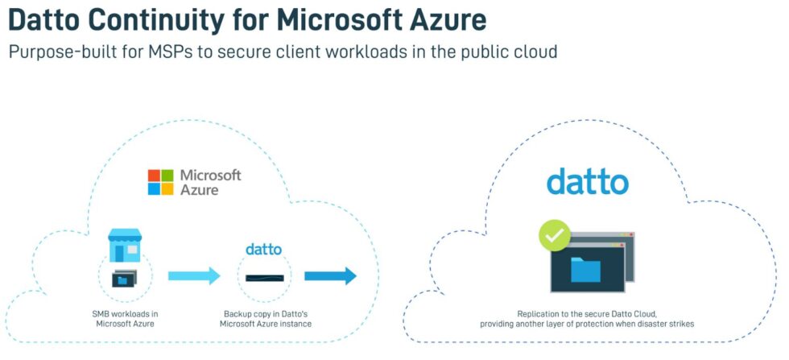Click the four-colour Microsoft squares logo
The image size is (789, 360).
tap(160, 182)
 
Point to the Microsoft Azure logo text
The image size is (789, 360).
tap(209, 182)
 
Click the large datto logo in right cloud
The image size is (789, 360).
tap(587, 181)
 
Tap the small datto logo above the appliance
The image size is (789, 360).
tap(263, 249)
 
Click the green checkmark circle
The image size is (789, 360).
tap(554, 237)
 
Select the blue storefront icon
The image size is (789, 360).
tap(125, 245)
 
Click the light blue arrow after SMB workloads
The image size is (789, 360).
tap(193, 276)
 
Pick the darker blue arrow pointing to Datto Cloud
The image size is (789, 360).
tap(330, 276)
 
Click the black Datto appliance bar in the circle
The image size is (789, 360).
tap(264, 278)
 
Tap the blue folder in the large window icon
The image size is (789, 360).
tap(585, 269)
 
